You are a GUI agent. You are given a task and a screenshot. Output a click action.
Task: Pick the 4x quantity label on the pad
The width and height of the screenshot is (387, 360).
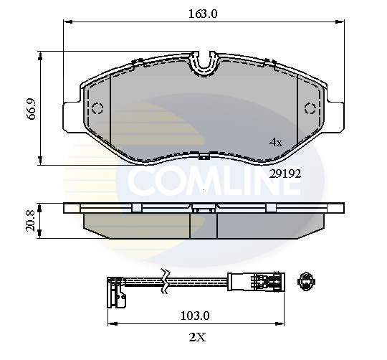pos(275,143)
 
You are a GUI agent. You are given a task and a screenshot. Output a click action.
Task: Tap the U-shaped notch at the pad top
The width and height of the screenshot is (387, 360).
pos(206,64)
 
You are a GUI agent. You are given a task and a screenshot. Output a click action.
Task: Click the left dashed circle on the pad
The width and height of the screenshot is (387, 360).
pos(98,109)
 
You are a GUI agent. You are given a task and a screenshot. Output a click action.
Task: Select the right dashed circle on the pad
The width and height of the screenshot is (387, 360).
pos(311,109)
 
